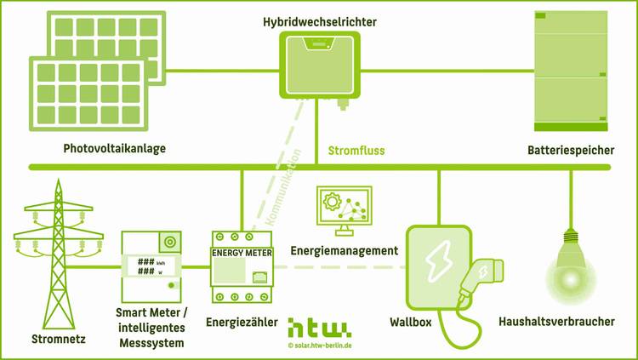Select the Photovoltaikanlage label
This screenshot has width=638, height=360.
[114, 148]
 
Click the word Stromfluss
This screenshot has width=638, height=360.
[356, 151]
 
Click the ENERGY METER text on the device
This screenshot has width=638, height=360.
[241, 252]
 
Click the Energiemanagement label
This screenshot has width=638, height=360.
[344, 251]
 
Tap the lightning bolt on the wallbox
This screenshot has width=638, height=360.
[440, 257]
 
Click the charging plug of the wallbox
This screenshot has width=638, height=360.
[480, 276]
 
